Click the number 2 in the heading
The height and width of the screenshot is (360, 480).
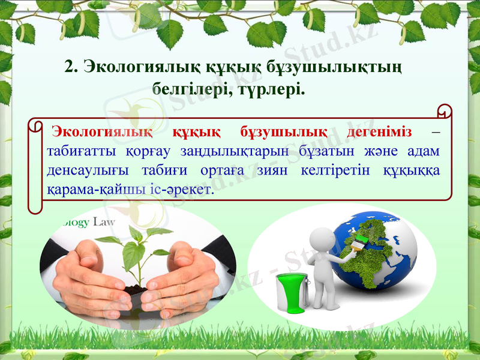tap(69, 65)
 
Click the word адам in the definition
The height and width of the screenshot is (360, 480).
tap(427, 151)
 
